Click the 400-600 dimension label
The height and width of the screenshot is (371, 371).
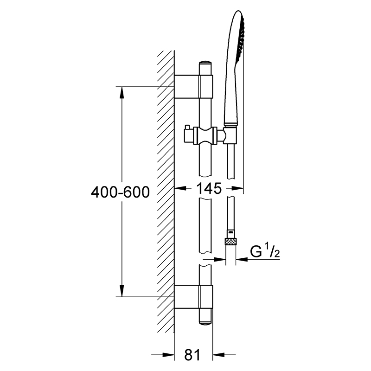[x=120, y=192]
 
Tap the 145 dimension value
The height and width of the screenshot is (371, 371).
[x=209, y=189]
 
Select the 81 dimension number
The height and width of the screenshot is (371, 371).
[x=192, y=355]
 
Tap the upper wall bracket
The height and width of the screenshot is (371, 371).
[x=193, y=86]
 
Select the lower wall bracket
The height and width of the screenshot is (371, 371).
[x=193, y=297]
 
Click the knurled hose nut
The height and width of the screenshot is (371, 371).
[x=230, y=242]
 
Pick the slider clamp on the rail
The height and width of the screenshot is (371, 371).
[x=205, y=135]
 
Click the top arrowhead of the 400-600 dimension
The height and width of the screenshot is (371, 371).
[x=122, y=92]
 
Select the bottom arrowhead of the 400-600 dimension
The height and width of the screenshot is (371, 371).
[x=122, y=291]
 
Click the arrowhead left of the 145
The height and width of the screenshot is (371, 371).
[x=180, y=188]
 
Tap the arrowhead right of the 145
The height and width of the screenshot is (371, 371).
[x=237, y=188]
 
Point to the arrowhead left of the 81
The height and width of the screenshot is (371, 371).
[x=168, y=355]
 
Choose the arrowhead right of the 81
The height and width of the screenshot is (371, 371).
[x=218, y=355]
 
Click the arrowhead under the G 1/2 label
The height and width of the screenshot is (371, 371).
[x=242, y=259]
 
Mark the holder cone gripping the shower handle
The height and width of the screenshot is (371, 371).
[x=230, y=135]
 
